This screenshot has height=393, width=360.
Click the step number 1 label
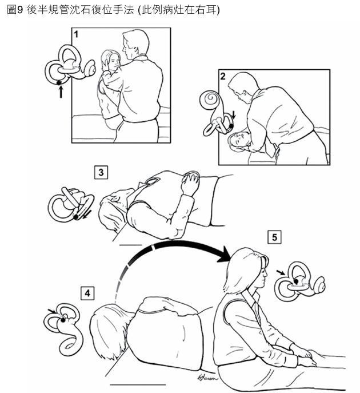click(77, 34)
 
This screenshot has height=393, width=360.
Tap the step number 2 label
click(223, 76)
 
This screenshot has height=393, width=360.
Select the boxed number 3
click(101, 172)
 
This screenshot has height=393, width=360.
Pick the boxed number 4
click(87, 293)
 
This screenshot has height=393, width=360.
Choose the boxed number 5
click(274, 237)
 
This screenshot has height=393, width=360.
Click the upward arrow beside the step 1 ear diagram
click(61, 92)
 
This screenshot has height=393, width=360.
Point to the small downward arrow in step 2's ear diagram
click(234, 115)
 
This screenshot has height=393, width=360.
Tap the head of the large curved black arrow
click(224, 254)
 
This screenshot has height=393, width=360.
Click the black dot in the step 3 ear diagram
click(76, 217)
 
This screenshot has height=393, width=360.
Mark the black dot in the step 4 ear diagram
click(63, 320)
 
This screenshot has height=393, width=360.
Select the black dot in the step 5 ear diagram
click(297, 281)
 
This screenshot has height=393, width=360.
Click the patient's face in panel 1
click(114, 61)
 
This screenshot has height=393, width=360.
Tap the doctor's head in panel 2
click(242, 86)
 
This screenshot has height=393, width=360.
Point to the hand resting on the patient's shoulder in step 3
click(191, 180)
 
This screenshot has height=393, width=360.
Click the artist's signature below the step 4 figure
click(207, 378)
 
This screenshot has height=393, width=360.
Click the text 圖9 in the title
click(15, 10)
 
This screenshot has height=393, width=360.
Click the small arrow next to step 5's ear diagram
click(281, 272)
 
